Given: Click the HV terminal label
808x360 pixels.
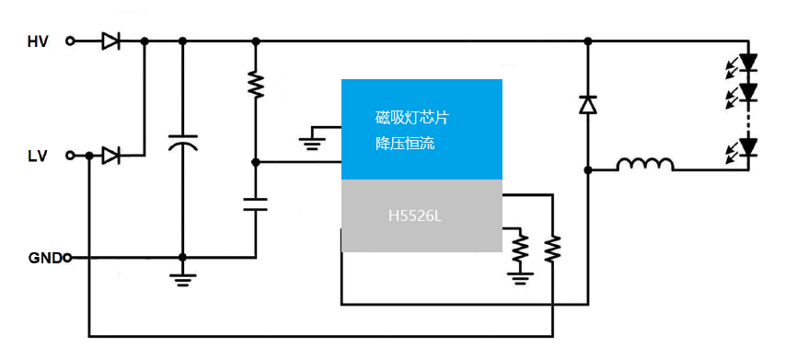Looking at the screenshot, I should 38,41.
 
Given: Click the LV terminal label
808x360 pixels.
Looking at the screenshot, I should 38,156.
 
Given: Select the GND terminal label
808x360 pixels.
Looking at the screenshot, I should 44,258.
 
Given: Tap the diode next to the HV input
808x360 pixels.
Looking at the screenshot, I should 110,41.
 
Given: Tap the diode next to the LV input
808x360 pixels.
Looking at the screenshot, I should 110,156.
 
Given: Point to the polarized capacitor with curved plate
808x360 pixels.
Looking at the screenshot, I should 182,144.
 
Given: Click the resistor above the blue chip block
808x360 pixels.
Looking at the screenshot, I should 255,86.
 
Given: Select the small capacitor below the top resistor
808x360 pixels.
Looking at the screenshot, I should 255,203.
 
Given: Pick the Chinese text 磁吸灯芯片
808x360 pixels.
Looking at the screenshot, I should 412,117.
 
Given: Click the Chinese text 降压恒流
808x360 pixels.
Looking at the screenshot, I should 406,144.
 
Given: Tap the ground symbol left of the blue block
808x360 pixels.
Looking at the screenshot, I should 313,139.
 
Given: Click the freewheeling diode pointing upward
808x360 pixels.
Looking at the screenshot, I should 587,105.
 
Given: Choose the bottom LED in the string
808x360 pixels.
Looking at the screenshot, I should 747,146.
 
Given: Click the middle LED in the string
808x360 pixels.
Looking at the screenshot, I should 747,92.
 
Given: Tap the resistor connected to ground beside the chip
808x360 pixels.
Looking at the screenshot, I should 521,246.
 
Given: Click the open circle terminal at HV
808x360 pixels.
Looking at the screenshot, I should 72,41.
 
